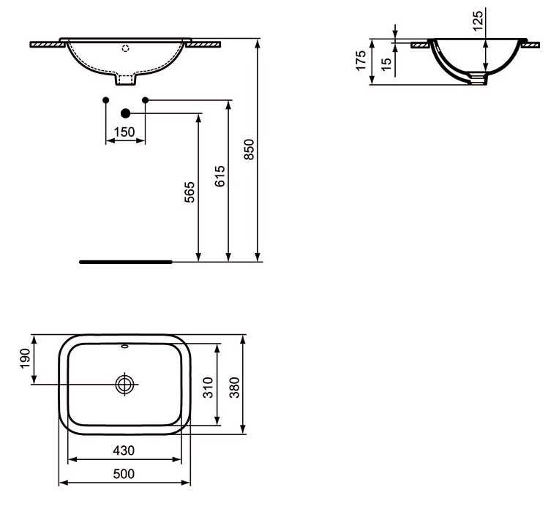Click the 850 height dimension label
248,149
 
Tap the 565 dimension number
189,193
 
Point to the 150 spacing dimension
125,132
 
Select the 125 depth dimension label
478,20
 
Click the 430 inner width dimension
124,450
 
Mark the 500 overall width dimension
124,474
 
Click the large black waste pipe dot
125,113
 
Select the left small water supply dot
106,99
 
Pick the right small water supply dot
145,99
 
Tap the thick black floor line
124,260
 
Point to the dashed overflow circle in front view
125,50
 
